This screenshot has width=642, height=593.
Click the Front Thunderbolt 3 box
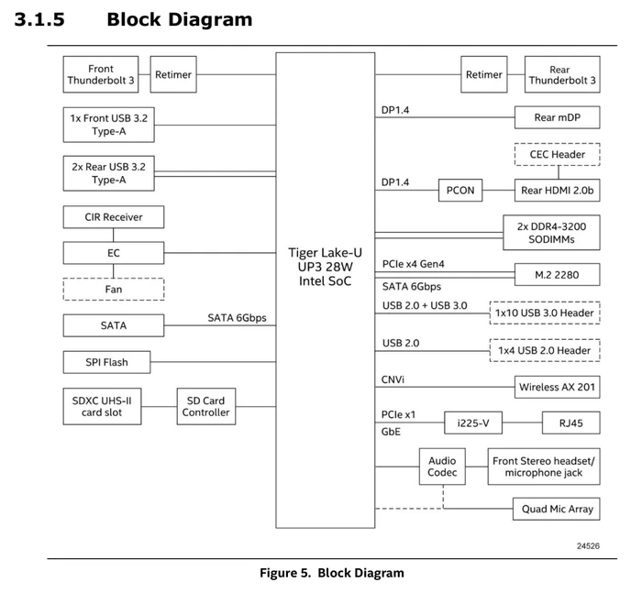[x=101, y=74]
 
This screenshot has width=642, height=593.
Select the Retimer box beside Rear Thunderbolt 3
[x=484, y=74]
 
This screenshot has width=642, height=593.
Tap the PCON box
[x=460, y=191]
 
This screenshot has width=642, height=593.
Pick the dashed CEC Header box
[x=558, y=154]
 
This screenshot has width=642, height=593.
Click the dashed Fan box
[x=114, y=290]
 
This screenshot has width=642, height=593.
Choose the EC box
[x=114, y=253]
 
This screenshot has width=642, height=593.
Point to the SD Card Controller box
[x=206, y=406]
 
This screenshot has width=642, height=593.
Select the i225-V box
[x=473, y=423]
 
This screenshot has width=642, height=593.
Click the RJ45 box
[x=571, y=423]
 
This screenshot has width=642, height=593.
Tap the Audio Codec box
[x=442, y=467]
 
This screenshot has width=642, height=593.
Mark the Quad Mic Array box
[x=557, y=509]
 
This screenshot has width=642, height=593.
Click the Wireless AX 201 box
[x=558, y=387]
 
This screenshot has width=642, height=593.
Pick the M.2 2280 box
[x=558, y=275]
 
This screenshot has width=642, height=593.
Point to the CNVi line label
[x=393, y=379]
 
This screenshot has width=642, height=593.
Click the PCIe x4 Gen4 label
[x=413, y=264]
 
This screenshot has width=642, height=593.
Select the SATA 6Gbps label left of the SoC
[x=237, y=318]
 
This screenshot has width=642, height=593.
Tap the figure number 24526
[x=589, y=546]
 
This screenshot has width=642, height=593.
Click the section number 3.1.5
[x=39, y=19]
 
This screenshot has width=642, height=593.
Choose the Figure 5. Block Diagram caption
[x=332, y=573]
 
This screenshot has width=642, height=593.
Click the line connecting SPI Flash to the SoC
[x=213, y=362]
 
